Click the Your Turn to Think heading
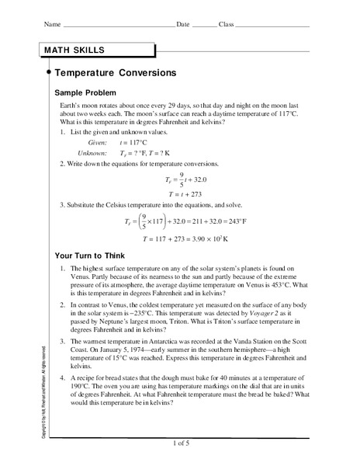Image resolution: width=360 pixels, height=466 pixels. (x=92, y=254)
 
